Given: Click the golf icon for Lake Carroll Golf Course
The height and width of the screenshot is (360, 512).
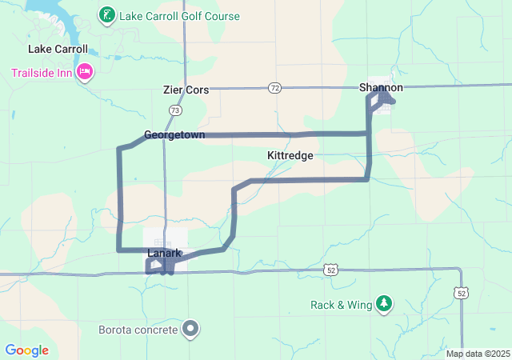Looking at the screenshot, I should pyautogui.click(x=106, y=15).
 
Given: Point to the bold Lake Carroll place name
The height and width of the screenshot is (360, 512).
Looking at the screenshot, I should pyautogui.click(x=58, y=49).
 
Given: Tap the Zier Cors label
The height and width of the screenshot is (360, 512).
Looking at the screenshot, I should pyautogui.click(x=185, y=90).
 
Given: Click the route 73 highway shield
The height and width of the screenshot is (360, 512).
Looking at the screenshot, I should pyautogui.click(x=174, y=110).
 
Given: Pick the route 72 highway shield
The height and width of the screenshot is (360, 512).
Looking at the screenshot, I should pyautogui.click(x=275, y=86).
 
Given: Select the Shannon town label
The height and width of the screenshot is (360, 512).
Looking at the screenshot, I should pyautogui.click(x=381, y=87).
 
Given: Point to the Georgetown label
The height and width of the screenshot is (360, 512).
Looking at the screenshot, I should pyautogui.click(x=174, y=135).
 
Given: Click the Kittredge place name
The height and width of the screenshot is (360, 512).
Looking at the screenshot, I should pyautogui.click(x=290, y=155).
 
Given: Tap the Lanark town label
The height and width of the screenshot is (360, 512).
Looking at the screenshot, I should pyautogui.click(x=165, y=254).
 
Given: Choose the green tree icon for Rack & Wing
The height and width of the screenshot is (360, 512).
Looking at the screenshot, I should pyautogui.click(x=385, y=303).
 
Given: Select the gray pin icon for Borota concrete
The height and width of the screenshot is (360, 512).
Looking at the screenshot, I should pyautogui.click(x=190, y=328).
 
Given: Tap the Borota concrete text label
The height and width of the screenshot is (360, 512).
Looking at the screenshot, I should pyautogui.click(x=138, y=329).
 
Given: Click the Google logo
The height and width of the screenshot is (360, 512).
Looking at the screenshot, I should pyautogui.click(x=27, y=350).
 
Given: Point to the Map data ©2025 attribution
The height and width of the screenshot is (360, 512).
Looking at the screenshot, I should pyautogui.click(x=477, y=354).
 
